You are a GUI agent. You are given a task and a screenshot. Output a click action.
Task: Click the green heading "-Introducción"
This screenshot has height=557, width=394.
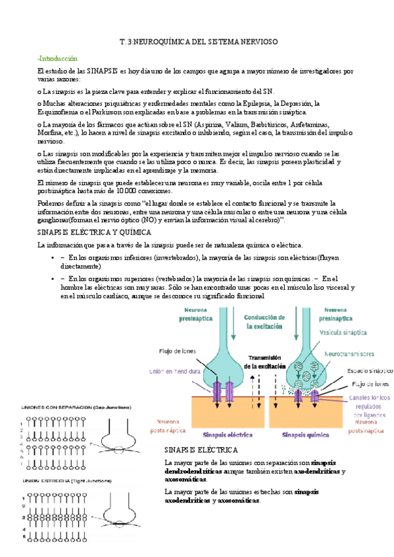click(57, 58)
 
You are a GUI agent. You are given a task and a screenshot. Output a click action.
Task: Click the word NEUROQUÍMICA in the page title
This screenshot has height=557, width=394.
click(159, 41)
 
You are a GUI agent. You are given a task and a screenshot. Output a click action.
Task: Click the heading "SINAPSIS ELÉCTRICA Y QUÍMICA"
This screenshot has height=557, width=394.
click(94, 233)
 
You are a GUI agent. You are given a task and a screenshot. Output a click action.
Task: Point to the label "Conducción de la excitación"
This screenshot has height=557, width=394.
click(269, 321)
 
